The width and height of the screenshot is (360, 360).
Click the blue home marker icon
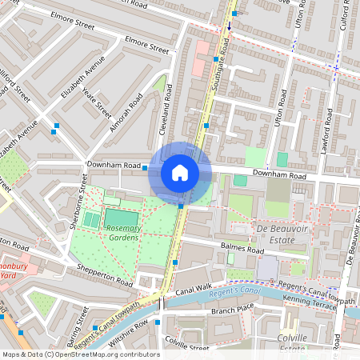coord(180,173)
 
